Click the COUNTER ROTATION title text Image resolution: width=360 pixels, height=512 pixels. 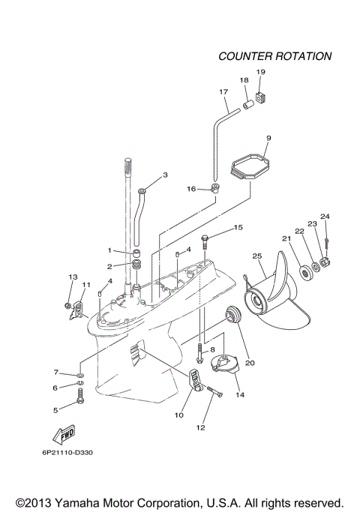(x=274, y=56)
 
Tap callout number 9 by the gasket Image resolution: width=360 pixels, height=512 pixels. (x=268, y=138)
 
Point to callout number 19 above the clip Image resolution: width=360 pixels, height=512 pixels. (x=260, y=71)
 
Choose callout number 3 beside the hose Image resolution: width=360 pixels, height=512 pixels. (x=165, y=175)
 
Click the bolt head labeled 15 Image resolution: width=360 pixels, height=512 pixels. (x=208, y=238)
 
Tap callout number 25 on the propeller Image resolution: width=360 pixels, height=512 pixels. (x=257, y=256)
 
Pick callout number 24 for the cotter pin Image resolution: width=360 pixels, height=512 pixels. (x=325, y=217)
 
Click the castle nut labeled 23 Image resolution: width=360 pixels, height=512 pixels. (x=325, y=262)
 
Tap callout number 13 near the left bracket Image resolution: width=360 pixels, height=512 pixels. (x=73, y=277)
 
